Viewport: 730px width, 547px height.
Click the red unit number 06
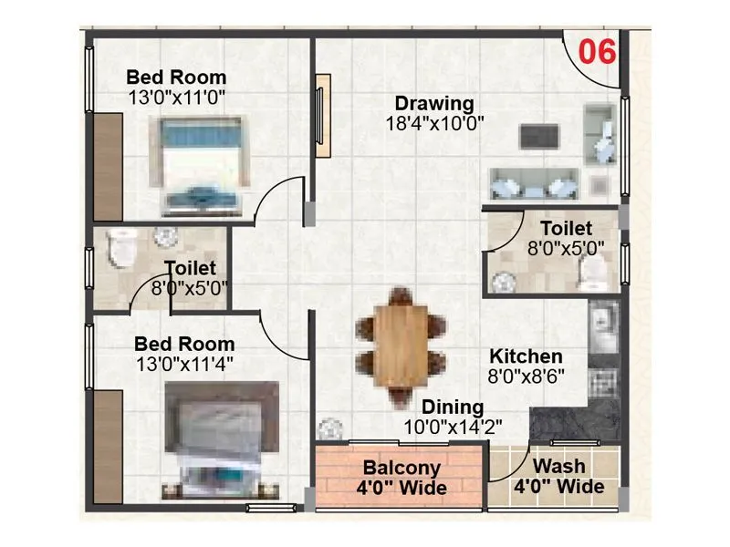[x=598, y=51]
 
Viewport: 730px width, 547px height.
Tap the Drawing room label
[x=433, y=103]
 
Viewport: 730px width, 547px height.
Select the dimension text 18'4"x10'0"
[x=433, y=122]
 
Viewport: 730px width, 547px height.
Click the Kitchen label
[x=526, y=356]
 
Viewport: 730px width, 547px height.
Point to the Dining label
[x=453, y=408]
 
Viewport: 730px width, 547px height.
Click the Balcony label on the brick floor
[x=401, y=469]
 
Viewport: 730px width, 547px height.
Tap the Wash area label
[x=559, y=467]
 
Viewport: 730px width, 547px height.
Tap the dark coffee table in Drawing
[x=538, y=136]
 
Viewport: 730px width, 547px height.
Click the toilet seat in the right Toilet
[x=595, y=270]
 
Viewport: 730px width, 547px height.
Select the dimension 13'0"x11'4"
[x=183, y=365]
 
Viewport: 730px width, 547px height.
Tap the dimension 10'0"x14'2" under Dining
[x=453, y=426]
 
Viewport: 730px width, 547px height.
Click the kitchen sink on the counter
[x=603, y=321]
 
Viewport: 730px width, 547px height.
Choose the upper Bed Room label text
[x=176, y=77]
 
